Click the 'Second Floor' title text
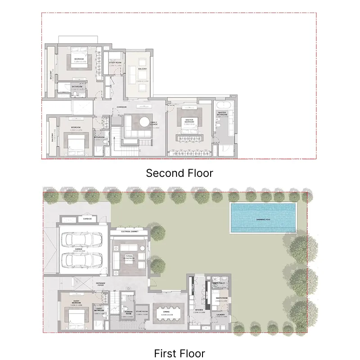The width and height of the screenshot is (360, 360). [180, 173]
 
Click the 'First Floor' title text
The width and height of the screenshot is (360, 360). [180, 353]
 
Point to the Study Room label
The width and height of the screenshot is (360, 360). [116, 63]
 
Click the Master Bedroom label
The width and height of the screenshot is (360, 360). [189, 121]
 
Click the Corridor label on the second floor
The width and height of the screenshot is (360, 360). [121, 107]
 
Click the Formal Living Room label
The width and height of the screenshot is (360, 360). [130, 256]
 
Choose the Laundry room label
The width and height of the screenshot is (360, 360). [220, 315]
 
